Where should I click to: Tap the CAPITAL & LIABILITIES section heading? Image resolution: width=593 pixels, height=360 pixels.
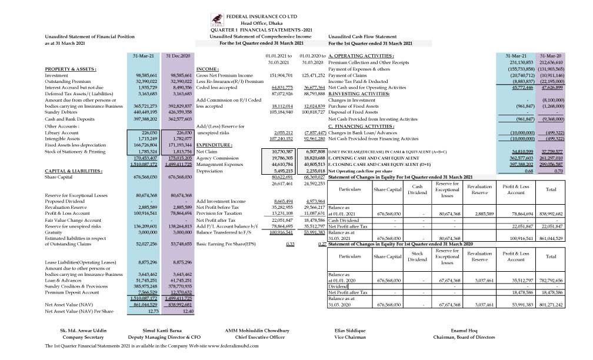[x=74, y=171]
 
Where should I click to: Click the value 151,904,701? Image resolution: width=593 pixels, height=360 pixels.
[x=281, y=76]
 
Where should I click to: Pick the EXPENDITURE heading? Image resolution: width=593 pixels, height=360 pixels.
[x=214, y=144]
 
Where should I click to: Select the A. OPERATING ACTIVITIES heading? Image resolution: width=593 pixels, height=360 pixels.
[x=361, y=55]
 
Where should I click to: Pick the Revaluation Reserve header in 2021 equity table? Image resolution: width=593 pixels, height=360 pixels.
[x=479, y=189]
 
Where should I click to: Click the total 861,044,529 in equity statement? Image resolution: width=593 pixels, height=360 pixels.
[x=551, y=238]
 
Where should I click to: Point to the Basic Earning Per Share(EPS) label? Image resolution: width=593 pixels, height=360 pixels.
[x=226, y=243]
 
